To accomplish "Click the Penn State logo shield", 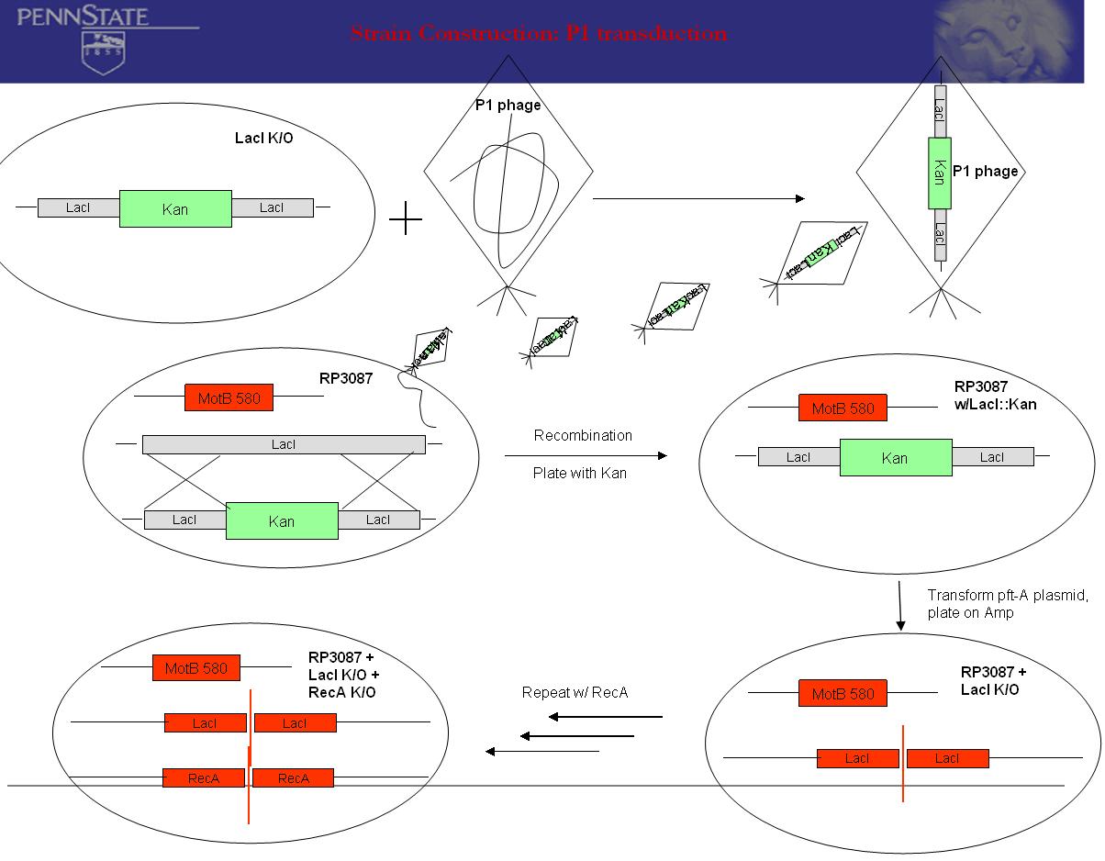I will pyautogui.click(x=103, y=51).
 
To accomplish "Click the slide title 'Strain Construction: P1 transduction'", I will pyautogui.click(x=539, y=34).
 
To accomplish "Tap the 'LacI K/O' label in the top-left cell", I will pyautogui.click(x=264, y=139).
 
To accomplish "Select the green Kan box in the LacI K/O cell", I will pyautogui.click(x=175, y=208).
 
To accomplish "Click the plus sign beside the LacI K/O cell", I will pyautogui.click(x=405, y=219).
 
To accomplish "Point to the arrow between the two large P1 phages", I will pyautogui.click(x=698, y=198).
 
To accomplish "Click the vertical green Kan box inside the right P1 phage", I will pyautogui.click(x=940, y=172).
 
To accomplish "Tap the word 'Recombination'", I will pyautogui.click(x=583, y=435).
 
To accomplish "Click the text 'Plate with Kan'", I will pyautogui.click(x=580, y=474).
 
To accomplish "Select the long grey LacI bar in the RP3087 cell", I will pyautogui.click(x=284, y=444).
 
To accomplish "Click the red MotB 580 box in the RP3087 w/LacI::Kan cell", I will pyautogui.click(x=843, y=408).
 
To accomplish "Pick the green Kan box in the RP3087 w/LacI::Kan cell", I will pyautogui.click(x=895, y=457).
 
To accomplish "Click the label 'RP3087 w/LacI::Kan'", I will pyautogui.click(x=994, y=396).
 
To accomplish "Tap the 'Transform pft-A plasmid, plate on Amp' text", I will pyautogui.click(x=1007, y=604).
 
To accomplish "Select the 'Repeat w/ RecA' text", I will pyautogui.click(x=575, y=692).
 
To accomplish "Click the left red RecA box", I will pyautogui.click(x=204, y=778).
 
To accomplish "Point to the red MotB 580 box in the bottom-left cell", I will pyautogui.click(x=196, y=668).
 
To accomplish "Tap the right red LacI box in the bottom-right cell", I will pyautogui.click(x=947, y=758).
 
